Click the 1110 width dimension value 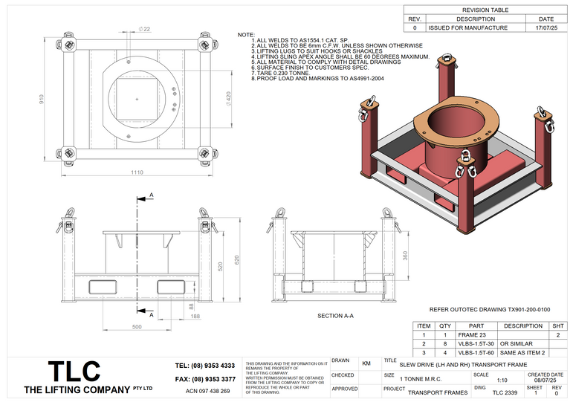pos(136,173)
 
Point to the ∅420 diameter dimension pos(228,100)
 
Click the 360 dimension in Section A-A pos(404,256)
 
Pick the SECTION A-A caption pos(335,317)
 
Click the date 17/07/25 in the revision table pos(546,27)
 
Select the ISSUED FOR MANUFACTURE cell pos(468,27)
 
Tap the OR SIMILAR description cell pos(517,344)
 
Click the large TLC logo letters pos(74,371)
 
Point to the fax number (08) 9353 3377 pos(204,379)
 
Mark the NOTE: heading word pos(245,35)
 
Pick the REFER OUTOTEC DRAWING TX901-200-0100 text pos(490,308)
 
